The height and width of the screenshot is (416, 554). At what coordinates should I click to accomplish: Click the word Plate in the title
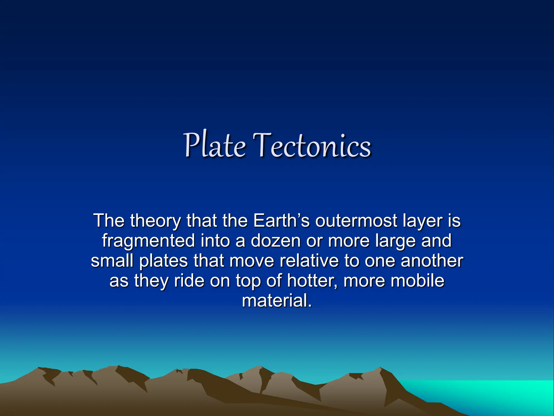215,145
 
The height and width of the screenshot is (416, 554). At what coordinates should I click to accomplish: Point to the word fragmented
148,241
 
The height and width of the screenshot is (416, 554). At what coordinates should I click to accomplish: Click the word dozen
275,240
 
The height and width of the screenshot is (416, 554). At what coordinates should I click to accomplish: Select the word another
432,261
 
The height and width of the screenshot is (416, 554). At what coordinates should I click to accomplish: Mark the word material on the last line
276,301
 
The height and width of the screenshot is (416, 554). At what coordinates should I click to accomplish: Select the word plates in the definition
164,261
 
